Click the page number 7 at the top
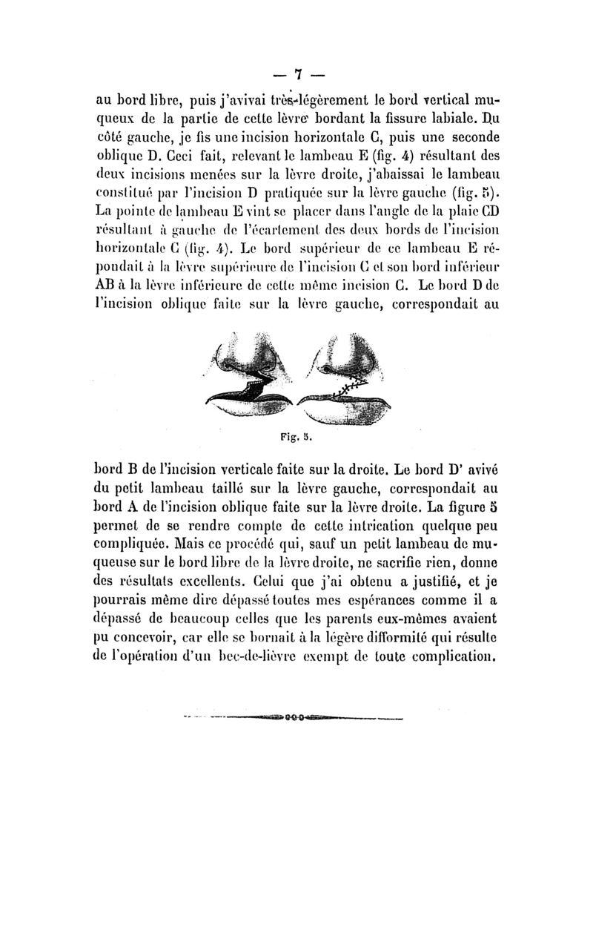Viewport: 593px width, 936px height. click(x=296, y=74)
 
